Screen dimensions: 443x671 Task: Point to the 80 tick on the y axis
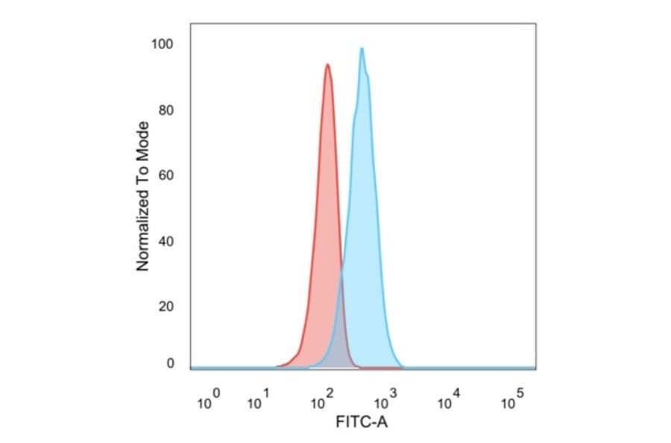click(166, 110)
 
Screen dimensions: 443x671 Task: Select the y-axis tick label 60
click(166, 176)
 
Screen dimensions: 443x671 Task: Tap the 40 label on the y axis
click(166, 242)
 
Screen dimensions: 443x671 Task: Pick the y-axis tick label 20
click(166, 307)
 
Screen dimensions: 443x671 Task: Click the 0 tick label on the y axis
click(170, 363)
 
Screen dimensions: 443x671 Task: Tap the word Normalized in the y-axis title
click(144, 233)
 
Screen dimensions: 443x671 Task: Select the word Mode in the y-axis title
click(144, 136)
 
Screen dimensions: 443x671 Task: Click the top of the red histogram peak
click(327, 65)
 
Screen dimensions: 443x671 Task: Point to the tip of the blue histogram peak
click(362, 48)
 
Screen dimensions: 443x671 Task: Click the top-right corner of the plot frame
click(535, 23)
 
